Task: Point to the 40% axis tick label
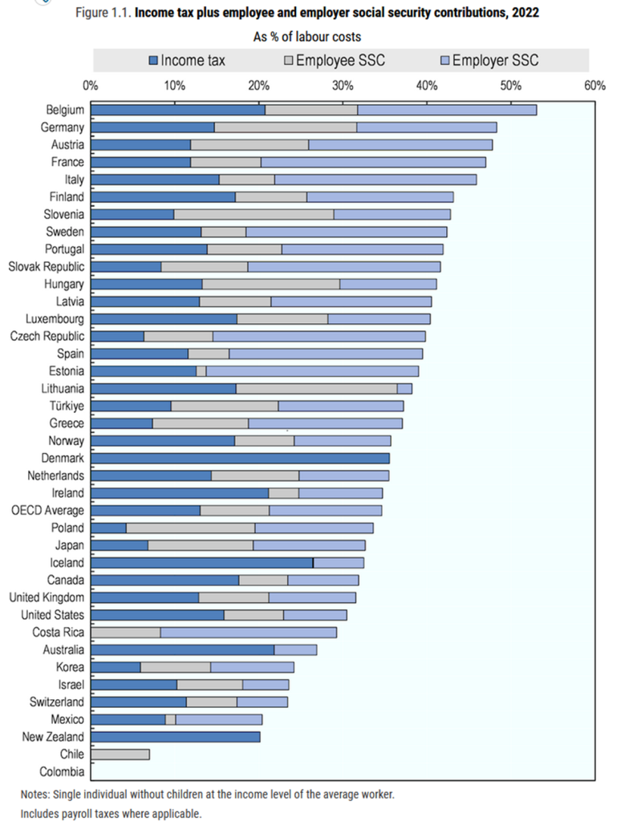pyautogui.click(x=426, y=85)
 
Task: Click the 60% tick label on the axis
pyautogui.click(x=594, y=85)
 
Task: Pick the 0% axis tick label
pyautogui.click(x=91, y=85)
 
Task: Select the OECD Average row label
pyautogui.click(x=47, y=510)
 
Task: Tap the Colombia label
pyautogui.click(x=61, y=772)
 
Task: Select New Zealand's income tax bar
pyautogui.click(x=175, y=737)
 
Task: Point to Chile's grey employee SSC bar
pyautogui.click(x=120, y=754)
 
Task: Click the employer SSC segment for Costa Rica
pyautogui.click(x=248, y=633)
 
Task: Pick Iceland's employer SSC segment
pyautogui.click(x=339, y=563)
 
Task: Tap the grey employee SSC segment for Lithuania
pyautogui.click(x=316, y=388)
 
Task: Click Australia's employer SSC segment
pyautogui.click(x=295, y=649)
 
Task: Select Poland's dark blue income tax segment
pyautogui.click(x=108, y=528)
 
